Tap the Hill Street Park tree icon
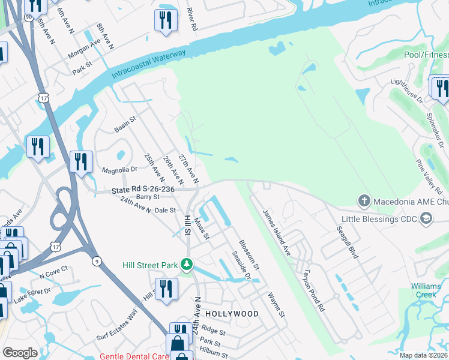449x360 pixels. point(187,264)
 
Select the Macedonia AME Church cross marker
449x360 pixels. point(363,200)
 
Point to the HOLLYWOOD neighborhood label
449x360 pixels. point(232,314)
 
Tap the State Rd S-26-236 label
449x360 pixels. point(143,190)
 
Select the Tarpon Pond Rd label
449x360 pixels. point(313,290)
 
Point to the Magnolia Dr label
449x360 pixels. point(120,170)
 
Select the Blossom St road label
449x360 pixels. point(249,254)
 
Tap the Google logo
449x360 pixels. point(20,353)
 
